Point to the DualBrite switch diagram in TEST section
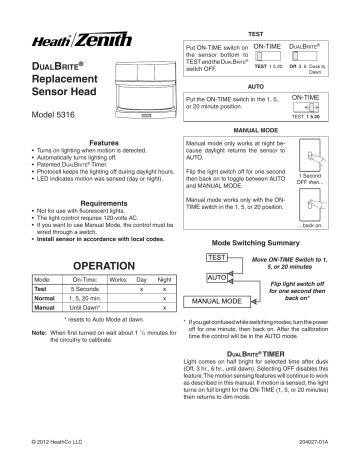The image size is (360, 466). click(x=310, y=57)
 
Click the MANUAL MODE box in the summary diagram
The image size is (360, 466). click(x=214, y=299)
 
